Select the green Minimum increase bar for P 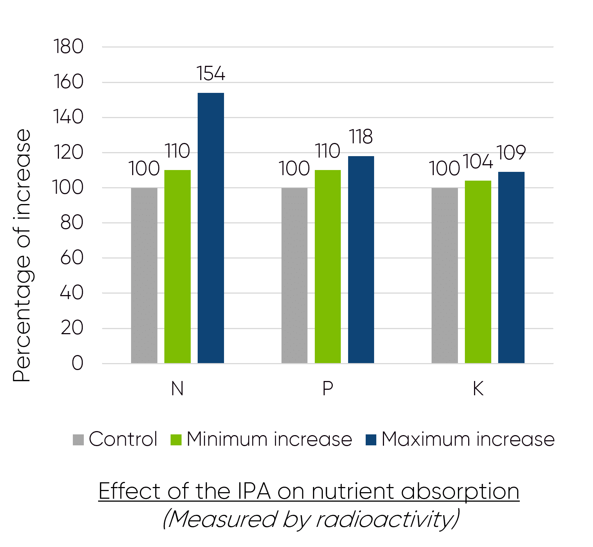(x=328, y=267)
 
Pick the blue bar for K (x=511, y=267)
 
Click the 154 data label (x=211, y=73)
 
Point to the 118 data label (x=361, y=137)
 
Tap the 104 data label (x=478, y=161)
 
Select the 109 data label (x=511, y=152)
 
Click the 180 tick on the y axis (x=68, y=47)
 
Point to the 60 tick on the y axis (x=72, y=258)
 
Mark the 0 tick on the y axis (x=77, y=363)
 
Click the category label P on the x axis (x=328, y=388)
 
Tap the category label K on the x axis (x=478, y=388)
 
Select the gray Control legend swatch (x=78, y=440)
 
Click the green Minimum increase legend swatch (x=176, y=440)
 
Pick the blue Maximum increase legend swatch (x=371, y=440)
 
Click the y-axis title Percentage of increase (x=22, y=256)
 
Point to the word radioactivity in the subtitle (x=384, y=519)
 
